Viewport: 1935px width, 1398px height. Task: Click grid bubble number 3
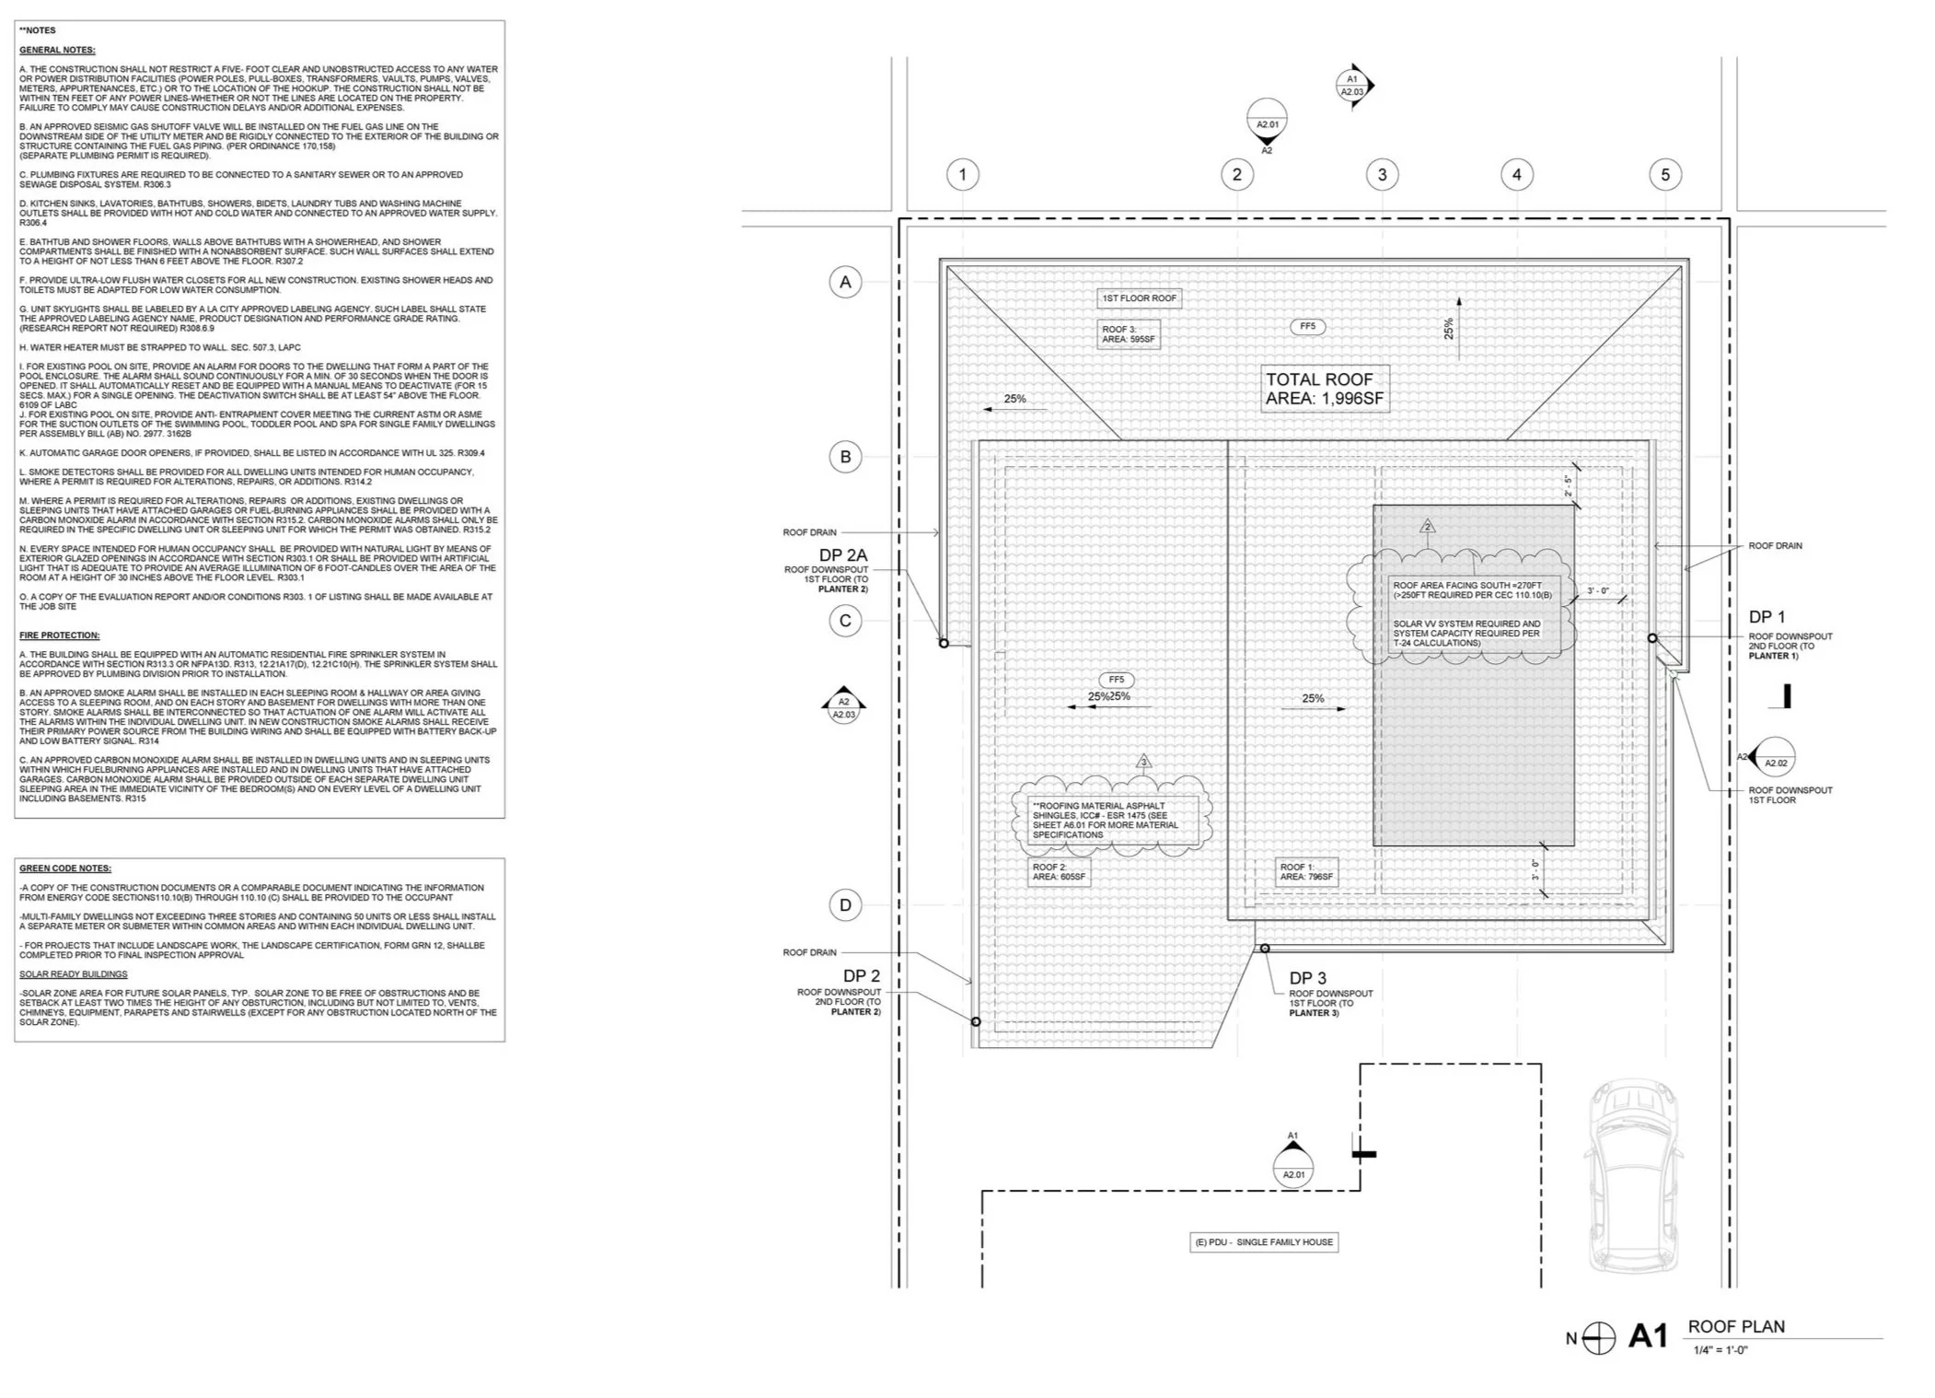pos(1382,174)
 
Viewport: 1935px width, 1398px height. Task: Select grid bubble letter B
pos(845,457)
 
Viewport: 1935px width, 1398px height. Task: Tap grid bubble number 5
pos(1664,174)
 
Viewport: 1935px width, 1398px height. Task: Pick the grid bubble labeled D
pos(845,904)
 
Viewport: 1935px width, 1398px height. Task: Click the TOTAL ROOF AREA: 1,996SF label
pos(1324,389)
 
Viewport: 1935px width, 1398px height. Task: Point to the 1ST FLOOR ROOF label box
pos(1140,298)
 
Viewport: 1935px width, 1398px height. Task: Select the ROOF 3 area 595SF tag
pos(1129,334)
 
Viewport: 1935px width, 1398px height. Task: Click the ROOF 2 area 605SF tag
pos(1060,872)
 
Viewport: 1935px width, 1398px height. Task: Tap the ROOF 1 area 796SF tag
pos(1306,872)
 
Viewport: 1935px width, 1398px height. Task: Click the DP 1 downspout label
pos(1767,617)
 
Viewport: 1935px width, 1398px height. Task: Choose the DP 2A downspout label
pos(843,554)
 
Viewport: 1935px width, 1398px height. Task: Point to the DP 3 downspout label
pos(1307,978)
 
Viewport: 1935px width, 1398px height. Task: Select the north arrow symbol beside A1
pos(1599,1338)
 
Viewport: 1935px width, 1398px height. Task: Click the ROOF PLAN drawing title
pos(1735,1326)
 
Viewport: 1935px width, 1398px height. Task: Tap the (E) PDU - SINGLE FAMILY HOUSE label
pos(1265,1242)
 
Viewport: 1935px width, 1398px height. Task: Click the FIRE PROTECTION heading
pos(59,635)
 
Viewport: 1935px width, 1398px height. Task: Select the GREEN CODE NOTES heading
pos(64,868)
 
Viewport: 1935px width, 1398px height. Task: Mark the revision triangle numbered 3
pos(1144,762)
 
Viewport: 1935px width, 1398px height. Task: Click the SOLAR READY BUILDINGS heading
pos(73,974)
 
